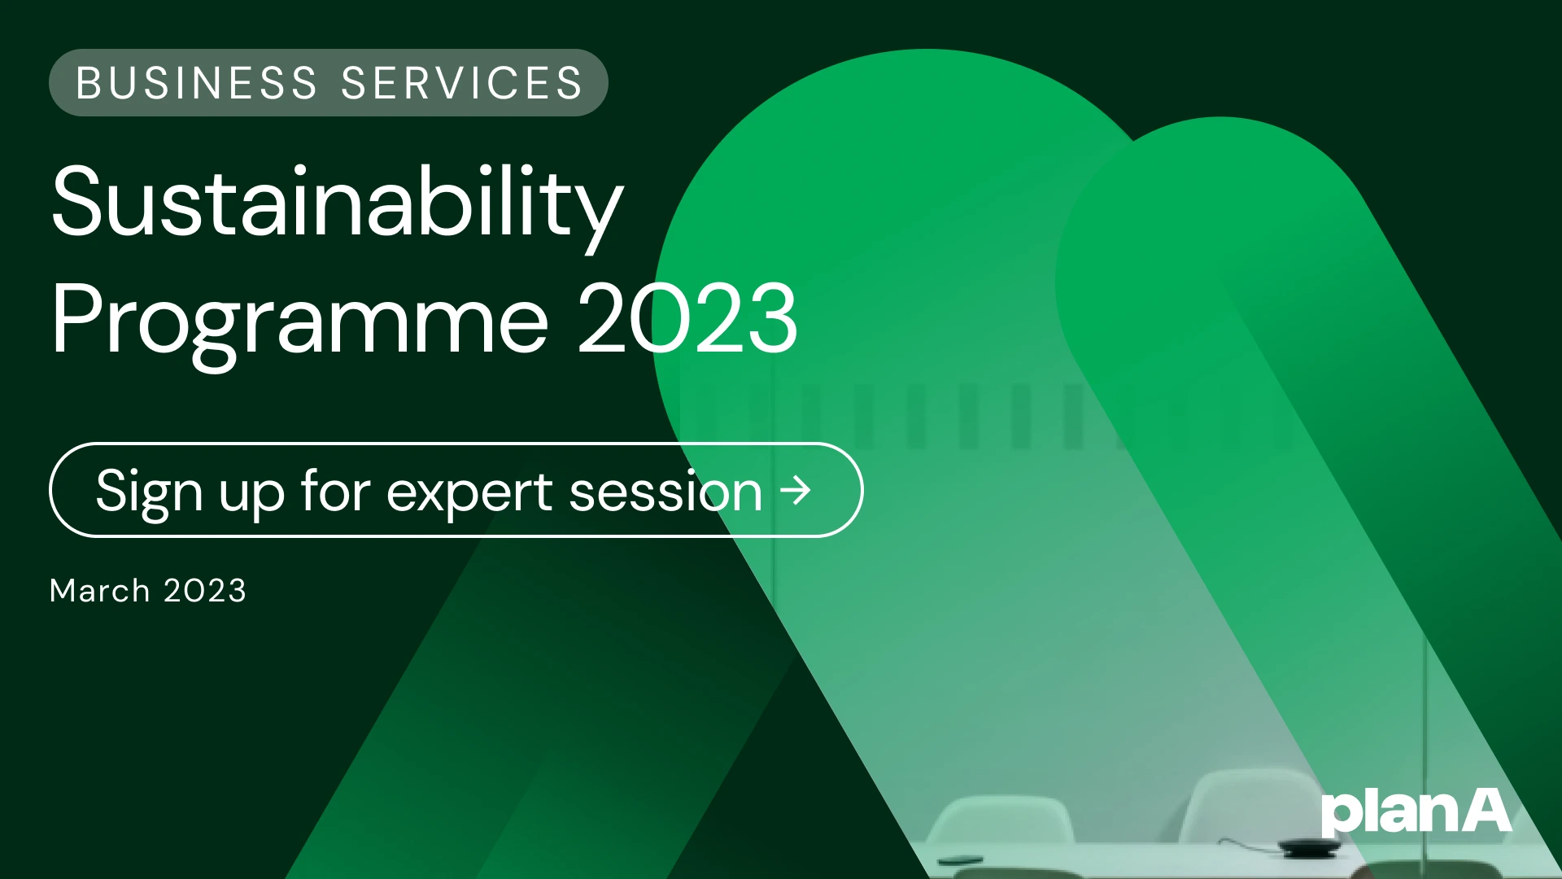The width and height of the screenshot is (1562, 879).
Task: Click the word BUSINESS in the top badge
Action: (196, 83)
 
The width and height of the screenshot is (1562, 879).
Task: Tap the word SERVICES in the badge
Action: (462, 83)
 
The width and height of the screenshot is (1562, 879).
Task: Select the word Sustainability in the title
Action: (337, 203)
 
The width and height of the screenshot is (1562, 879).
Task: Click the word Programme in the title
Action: (299, 320)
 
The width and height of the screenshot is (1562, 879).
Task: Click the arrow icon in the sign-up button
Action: (796, 490)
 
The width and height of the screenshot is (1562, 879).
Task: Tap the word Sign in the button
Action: (149, 492)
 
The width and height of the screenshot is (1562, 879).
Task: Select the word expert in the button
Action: (469, 492)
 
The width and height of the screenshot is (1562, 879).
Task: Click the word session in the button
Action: (665, 492)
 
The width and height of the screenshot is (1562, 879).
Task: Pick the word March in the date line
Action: (99, 591)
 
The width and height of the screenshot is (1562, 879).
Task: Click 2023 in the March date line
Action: (204, 591)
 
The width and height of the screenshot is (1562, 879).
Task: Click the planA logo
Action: (1416, 812)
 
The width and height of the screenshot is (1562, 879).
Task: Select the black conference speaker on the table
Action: (1309, 847)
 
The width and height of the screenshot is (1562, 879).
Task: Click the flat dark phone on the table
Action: (960, 859)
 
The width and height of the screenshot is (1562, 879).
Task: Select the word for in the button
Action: (335, 492)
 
